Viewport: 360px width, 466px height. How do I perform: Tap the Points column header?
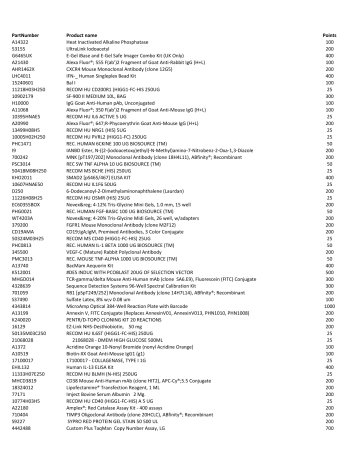(x=330, y=34)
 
